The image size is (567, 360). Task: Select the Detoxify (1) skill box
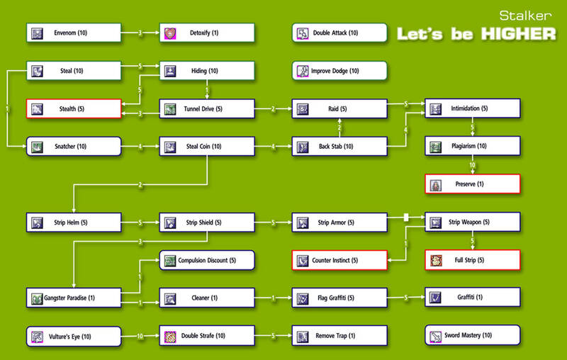[x=206, y=33]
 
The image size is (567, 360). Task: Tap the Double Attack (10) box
[x=339, y=33]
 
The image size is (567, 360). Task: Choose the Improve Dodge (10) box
[x=339, y=71]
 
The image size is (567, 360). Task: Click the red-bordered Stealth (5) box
[x=74, y=109]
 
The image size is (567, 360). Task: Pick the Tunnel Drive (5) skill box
[x=206, y=109]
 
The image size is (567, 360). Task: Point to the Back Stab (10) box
[x=339, y=147]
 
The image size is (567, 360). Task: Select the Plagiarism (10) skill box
[x=473, y=147]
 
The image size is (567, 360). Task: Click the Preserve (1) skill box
[x=473, y=184]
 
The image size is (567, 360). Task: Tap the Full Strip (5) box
[x=473, y=260]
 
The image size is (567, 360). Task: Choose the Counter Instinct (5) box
[x=339, y=260]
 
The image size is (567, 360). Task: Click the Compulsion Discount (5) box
[x=206, y=260]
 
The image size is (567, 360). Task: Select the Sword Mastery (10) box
[x=473, y=335]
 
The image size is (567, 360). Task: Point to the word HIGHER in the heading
[x=517, y=33]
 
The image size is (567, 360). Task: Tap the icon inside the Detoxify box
[x=170, y=33]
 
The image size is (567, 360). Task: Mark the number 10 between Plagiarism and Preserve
[x=473, y=165]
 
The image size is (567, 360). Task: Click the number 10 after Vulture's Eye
[x=140, y=336]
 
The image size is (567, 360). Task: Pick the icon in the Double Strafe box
[x=170, y=336]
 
